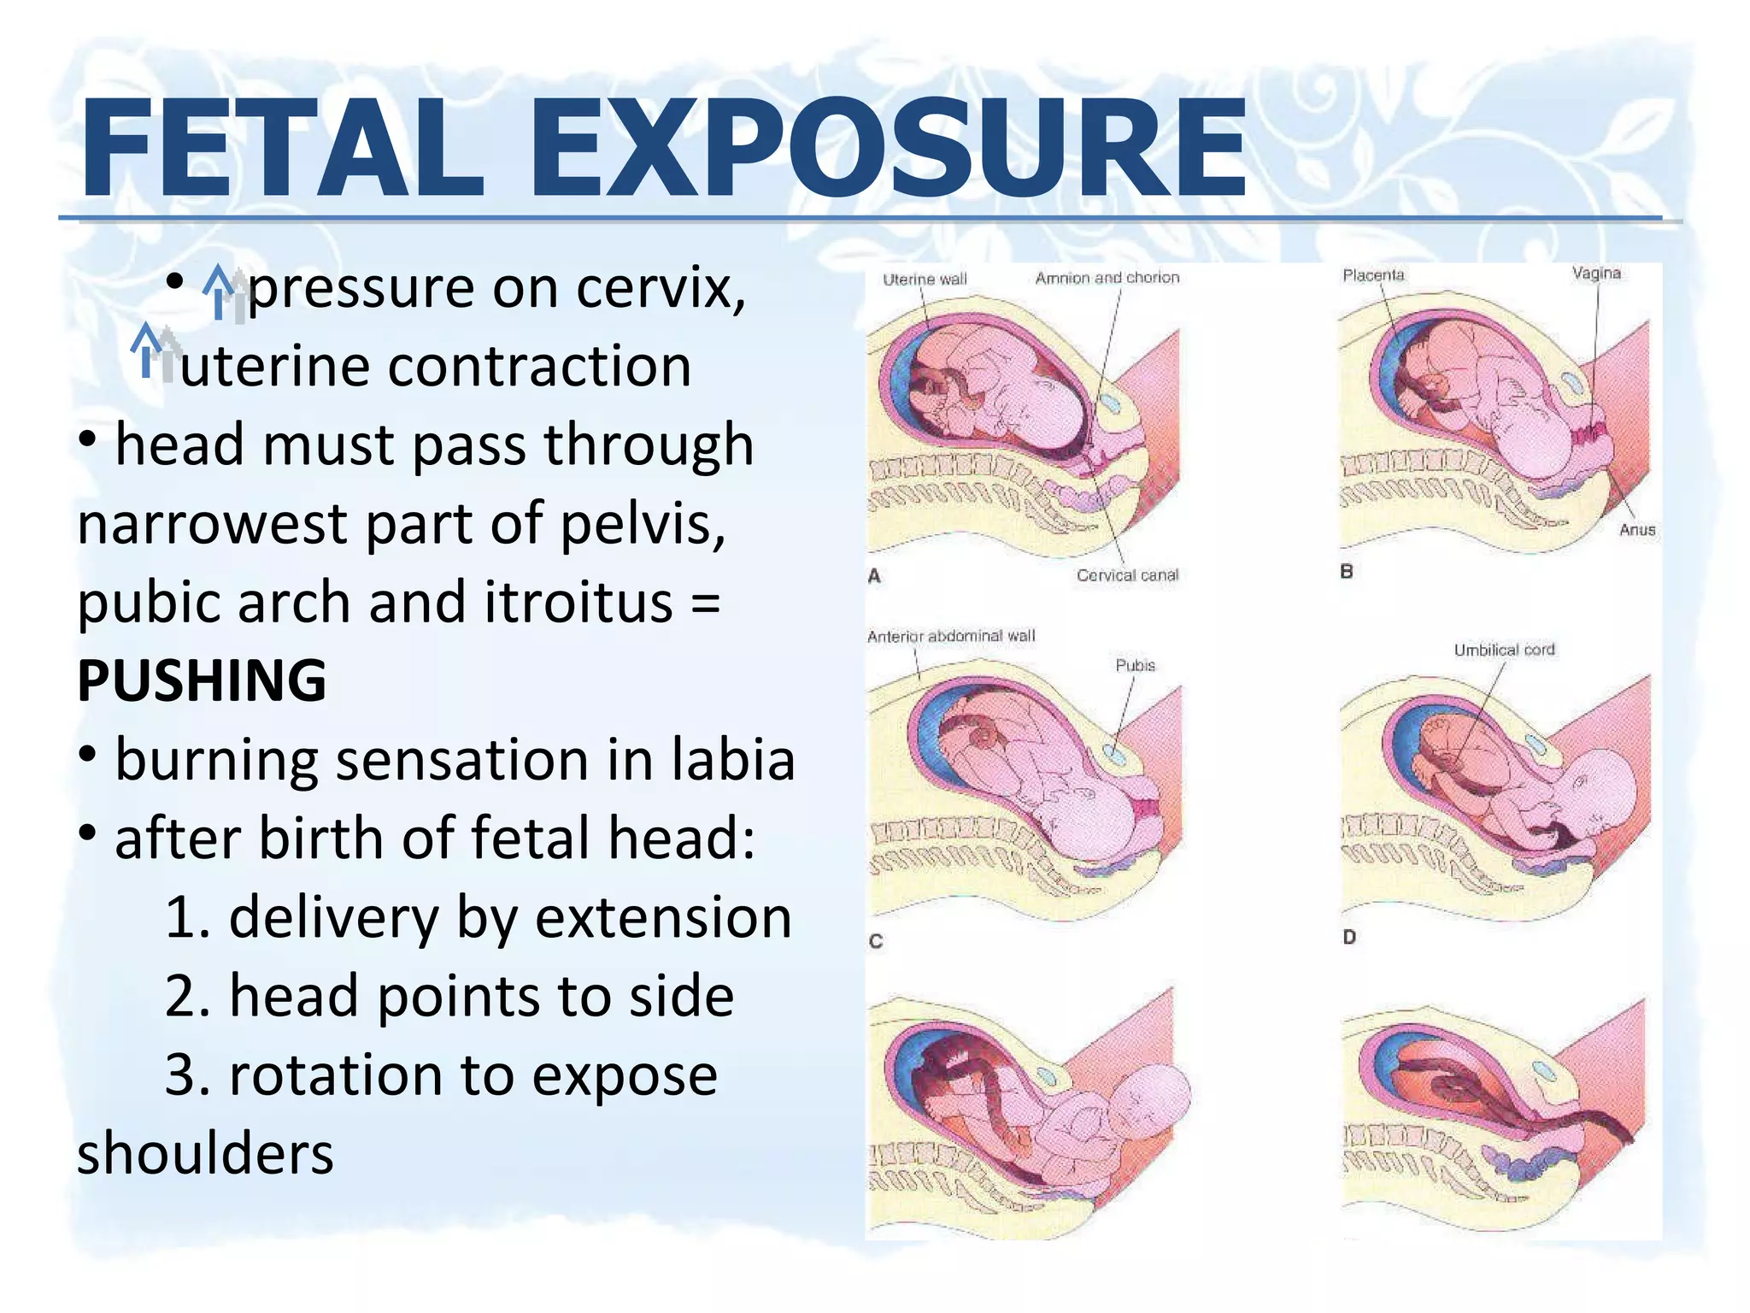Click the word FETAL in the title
pyautogui.click(x=282, y=149)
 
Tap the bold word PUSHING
pyautogui.click(x=202, y=680)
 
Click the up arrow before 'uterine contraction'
pyautogui.click(x=154, y=352)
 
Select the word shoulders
pyautogui.click(x=205, y=1153)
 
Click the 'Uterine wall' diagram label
pyautogui.click(x=925, y=280)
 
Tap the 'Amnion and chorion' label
pyautogui.click(x=1107, y=278)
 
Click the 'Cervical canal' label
pyautogui.click(x=1127, y=575)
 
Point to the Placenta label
pyautogui.click(x=1373, y=275)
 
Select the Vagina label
pyautogui.click(x=1595, y=274)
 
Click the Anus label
pyautogui.click(x=1636, y=530)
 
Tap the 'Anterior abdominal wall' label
pyautogui.click(x=950, y=636)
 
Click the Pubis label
pyautogui.click(x=1135, y=665)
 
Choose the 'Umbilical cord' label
pyautogui.click(x=1504, y=651)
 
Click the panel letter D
pyautogui.click(x=1349, y=938)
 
